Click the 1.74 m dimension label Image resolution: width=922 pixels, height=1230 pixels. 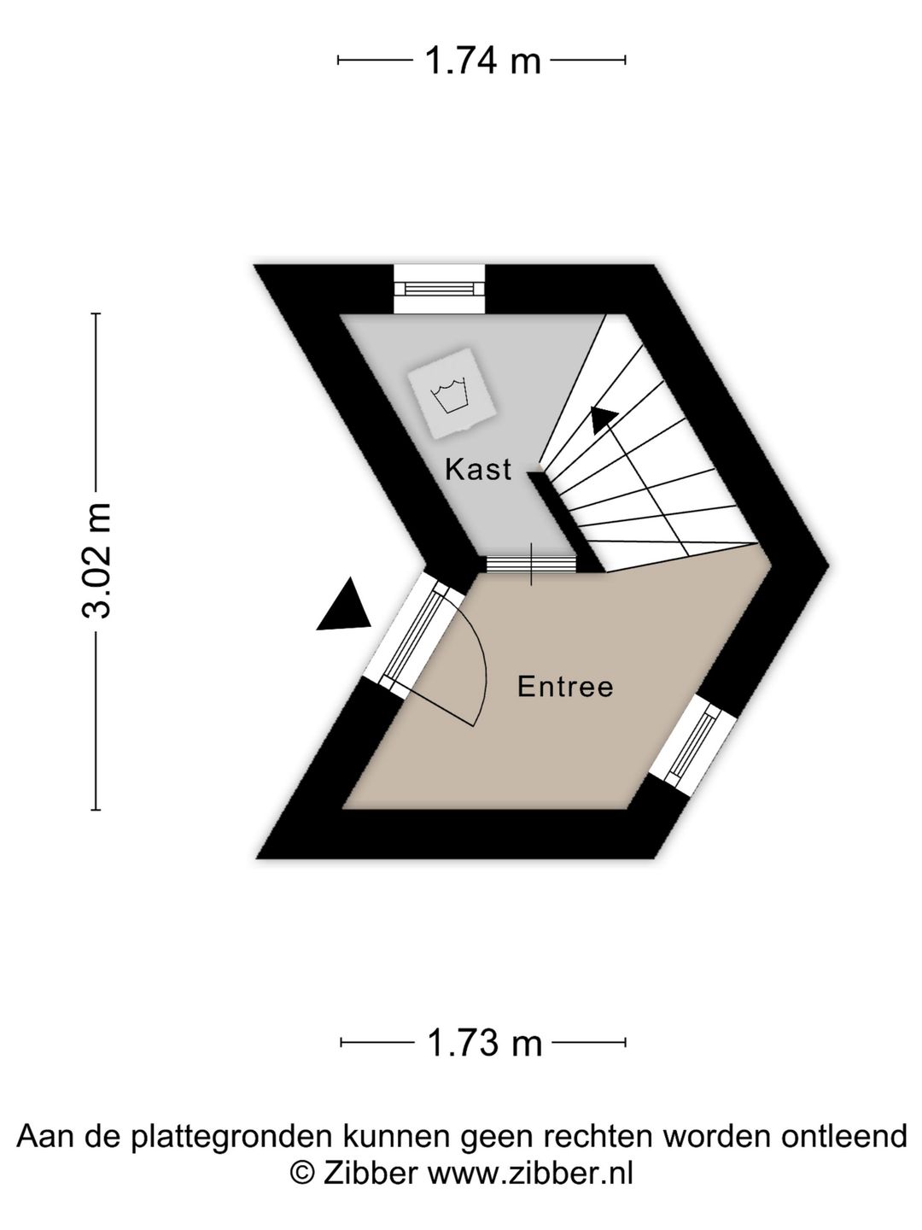(x=483, y=61)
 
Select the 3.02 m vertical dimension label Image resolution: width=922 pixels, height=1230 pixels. (x=96, y=560)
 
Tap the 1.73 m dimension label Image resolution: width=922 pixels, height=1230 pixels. (x=484, y=1043)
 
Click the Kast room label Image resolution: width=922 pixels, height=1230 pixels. (x=478, y=470)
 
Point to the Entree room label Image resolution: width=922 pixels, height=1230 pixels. (x=565, y=687)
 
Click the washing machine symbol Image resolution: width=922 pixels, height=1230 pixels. (x=452, y=392)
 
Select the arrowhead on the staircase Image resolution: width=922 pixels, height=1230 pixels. (x=603, y=419)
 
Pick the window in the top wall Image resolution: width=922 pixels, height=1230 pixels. (x=439, y=289)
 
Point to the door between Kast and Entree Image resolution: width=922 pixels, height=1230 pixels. (x=531, y=563)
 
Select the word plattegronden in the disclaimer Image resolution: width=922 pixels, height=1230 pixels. (x=233, y=1138)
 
